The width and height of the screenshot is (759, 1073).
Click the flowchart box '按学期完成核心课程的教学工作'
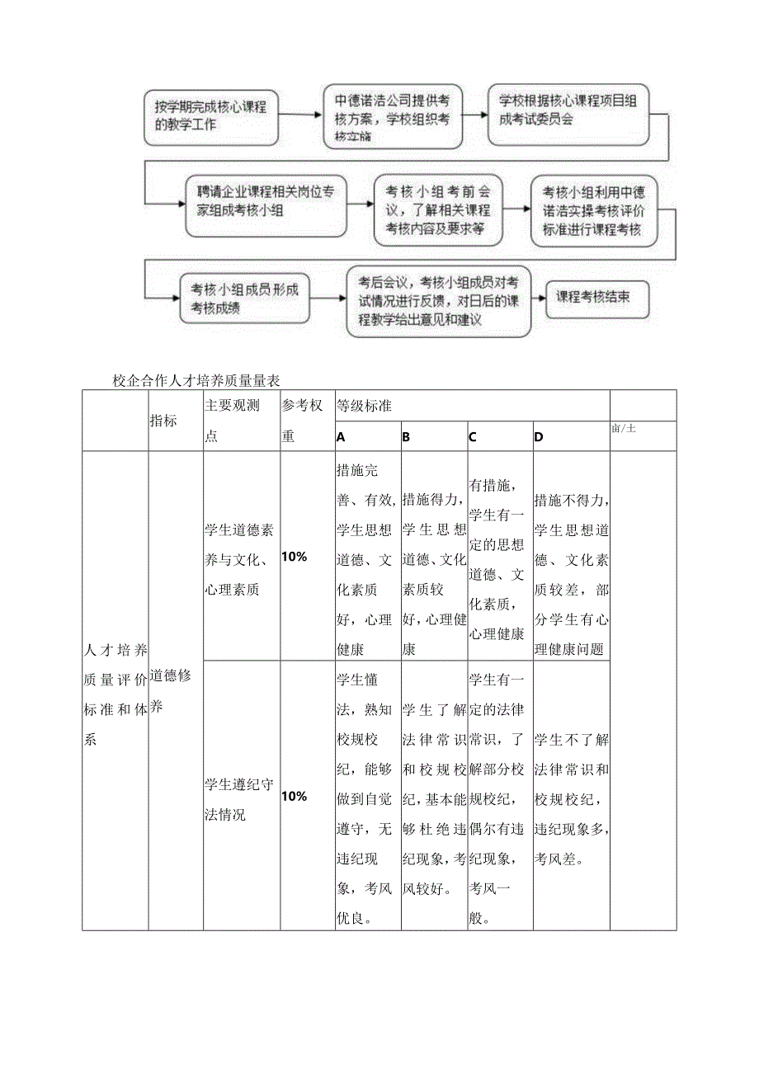[x=210, y=115]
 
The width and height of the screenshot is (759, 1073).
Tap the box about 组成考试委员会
[x=568, y=114]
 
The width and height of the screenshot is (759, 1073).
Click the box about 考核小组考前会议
[x=437, y=209]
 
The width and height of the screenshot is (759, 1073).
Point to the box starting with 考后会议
[x=438, y=300]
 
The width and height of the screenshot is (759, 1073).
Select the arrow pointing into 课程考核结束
[x=537, y=299]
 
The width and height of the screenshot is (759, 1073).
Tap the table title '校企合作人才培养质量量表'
[x=197, y=380]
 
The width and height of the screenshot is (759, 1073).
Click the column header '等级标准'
[x=364, y=406]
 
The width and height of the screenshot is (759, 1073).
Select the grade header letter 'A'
[x=342, y=437]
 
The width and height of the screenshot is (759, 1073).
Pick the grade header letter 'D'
[x=539, y=437]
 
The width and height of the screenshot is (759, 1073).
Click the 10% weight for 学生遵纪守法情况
[x=295, y=796]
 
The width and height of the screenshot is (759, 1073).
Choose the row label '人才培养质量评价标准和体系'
[x=115, y=694]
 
